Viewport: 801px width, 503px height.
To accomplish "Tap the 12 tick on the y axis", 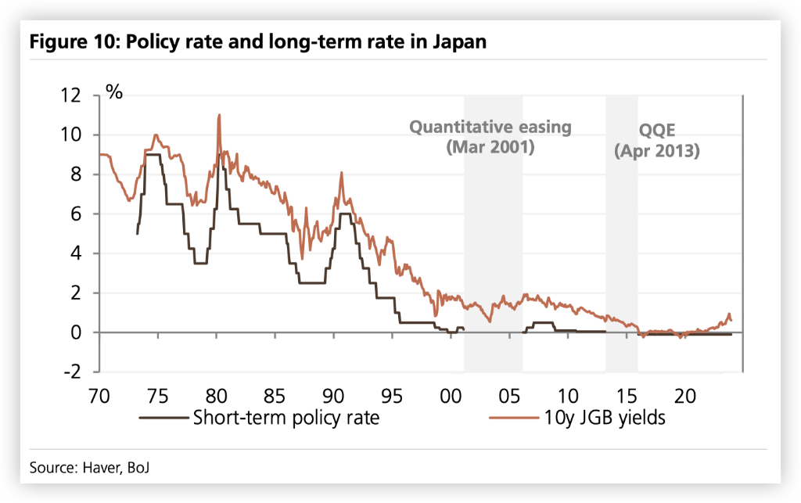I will [x=81, y=95].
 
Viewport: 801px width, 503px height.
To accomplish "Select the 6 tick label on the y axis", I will [x=86, y=214].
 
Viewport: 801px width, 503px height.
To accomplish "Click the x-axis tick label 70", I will [x=99, y=394].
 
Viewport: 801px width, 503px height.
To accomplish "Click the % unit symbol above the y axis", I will [x=114, y=92].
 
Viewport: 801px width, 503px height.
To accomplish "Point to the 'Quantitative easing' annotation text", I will [x=491, y=127].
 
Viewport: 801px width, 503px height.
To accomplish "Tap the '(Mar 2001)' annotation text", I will [x=491, y=146].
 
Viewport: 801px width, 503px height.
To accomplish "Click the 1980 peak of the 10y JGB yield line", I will [x=219, y=116].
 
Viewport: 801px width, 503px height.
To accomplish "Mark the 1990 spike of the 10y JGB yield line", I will [x=341, y=174].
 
